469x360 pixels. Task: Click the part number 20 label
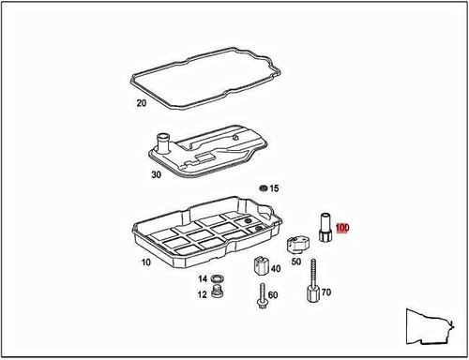(x=142, y=103)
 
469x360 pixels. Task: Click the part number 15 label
(x=274, y=188)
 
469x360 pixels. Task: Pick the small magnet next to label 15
(x=264, y=188)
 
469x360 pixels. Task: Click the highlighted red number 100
(x=343, y=228)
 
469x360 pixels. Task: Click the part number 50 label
(x=295, y=262)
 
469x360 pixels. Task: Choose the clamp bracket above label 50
(x=295, y=244)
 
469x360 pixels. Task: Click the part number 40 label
(x=276, y=269)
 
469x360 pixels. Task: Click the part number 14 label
(x=202, y=279)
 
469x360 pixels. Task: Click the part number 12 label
(x=202, y=294)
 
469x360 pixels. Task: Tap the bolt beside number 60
(x=258, y=301)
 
